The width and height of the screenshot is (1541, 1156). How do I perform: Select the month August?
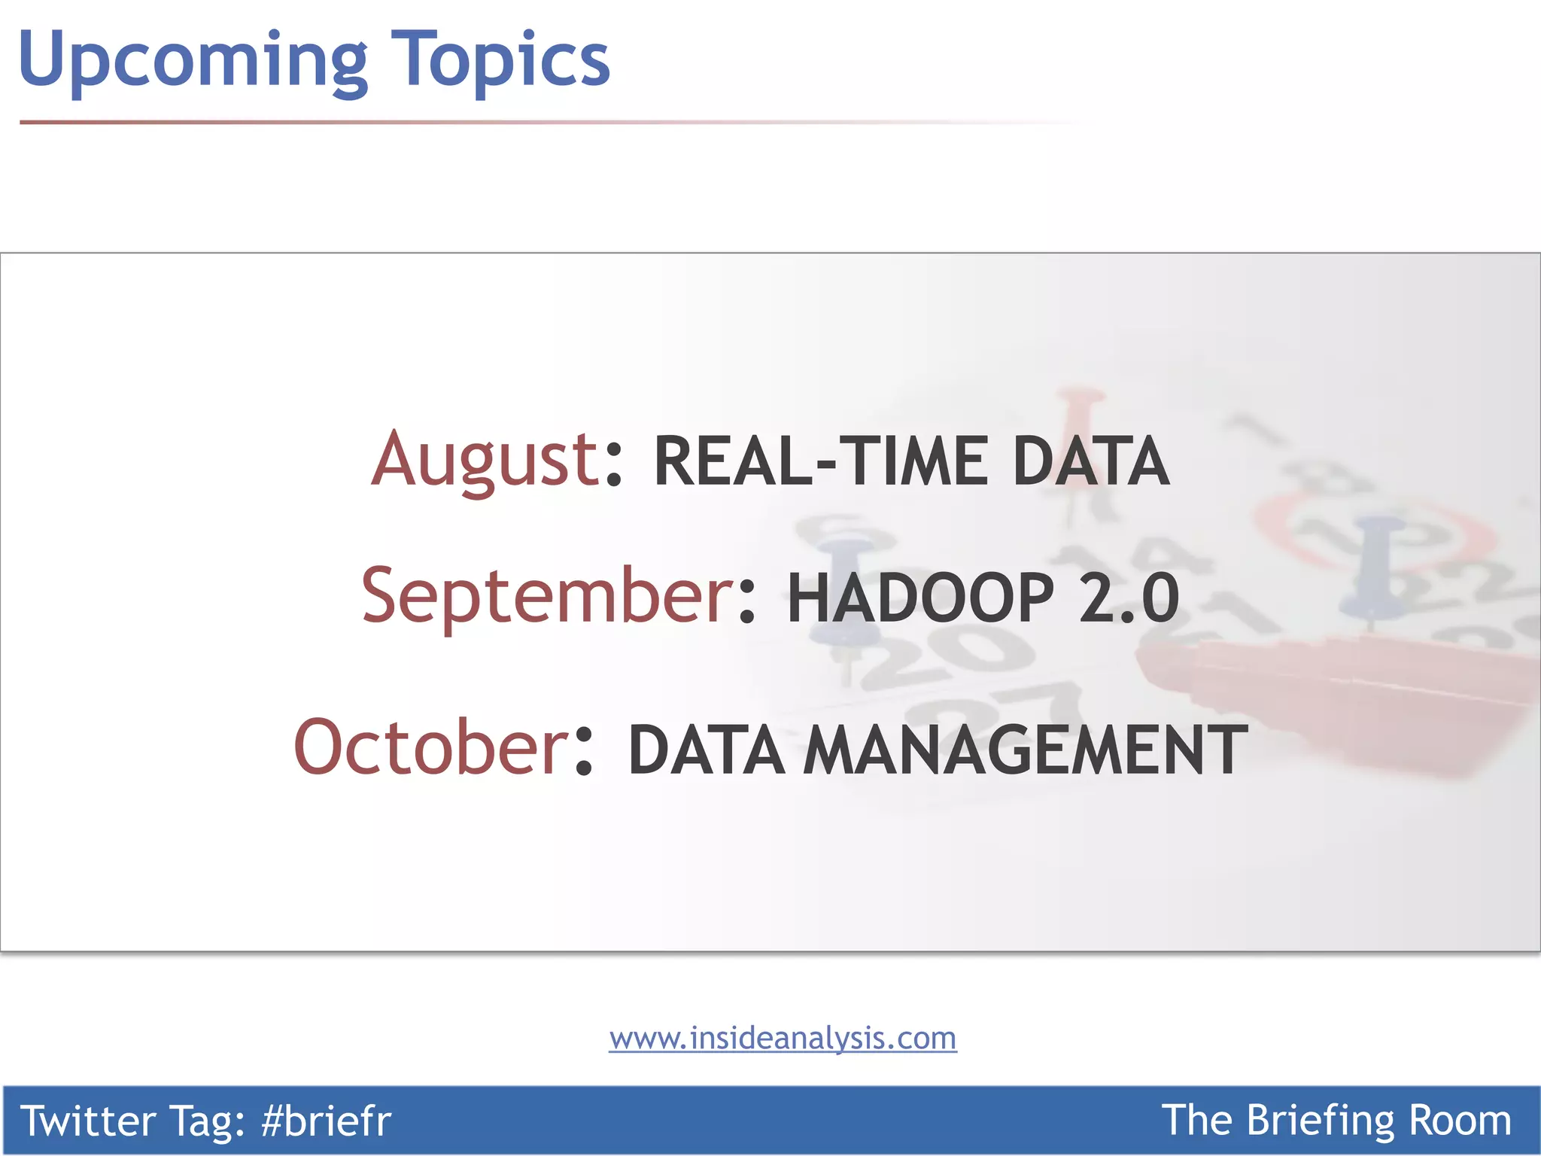[x=485, y=459]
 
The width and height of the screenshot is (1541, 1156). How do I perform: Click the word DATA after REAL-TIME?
[x=1091, y=461]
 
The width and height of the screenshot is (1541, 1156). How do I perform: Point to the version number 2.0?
[x=1129, y=598]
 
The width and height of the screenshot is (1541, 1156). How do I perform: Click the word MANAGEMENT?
[x=1026, y=750]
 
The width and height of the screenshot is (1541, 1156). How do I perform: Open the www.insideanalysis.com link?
[x=783, y=1039]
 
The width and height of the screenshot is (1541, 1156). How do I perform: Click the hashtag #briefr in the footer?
[x=326, y=1121]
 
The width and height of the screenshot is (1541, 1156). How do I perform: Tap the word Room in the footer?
[x=1460, y=1121]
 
